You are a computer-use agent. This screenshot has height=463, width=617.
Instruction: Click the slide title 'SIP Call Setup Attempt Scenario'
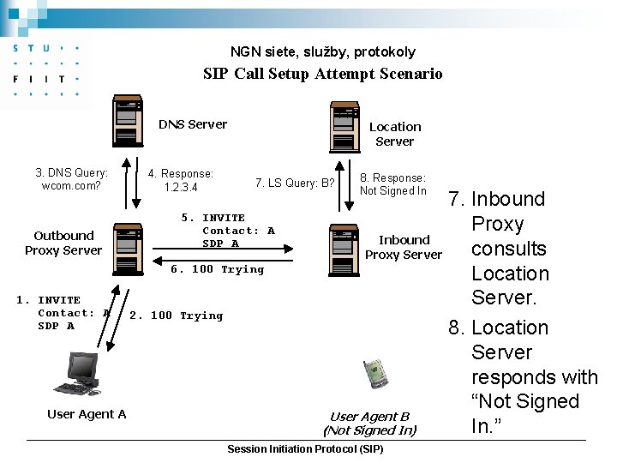tap(322, 74)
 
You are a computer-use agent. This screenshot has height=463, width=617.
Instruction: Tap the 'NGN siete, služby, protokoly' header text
tap(322, 51)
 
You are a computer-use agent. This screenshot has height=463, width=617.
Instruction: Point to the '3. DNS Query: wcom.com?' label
tap(71, 179)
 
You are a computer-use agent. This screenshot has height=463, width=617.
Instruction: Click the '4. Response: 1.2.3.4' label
tap(180, 180)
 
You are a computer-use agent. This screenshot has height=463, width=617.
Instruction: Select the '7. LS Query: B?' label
tap(295, 183)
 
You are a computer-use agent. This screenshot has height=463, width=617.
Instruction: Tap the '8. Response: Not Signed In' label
tap(392, 184)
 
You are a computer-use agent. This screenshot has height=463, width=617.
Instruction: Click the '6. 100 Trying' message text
tap(218, 269)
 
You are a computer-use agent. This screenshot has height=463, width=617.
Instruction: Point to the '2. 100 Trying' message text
tap(176, 316)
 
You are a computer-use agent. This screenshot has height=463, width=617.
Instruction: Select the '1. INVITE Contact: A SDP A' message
tap(63, 313)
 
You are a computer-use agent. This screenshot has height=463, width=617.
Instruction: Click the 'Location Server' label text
tap(394, 134)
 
